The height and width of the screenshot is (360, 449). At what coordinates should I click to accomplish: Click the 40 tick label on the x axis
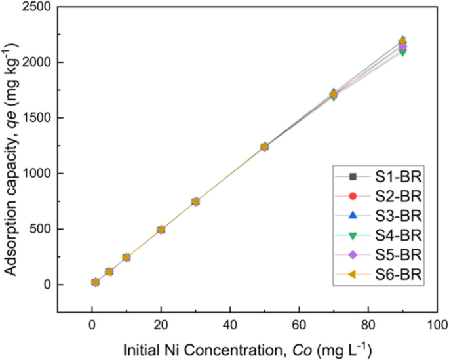(229, 325)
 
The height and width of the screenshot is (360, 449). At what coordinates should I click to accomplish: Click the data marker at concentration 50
(264, 146)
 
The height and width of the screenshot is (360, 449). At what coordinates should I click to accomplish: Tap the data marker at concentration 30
(195, 201)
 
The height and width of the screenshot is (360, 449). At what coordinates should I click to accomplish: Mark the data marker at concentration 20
(161, 230)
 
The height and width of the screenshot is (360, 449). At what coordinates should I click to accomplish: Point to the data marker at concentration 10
(127, 257)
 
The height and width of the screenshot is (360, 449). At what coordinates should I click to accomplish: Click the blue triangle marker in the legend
(353, 215)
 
